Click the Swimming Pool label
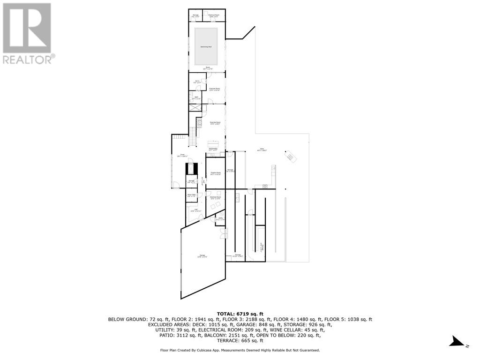tap(207, 47)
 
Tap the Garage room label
tap(202, 256)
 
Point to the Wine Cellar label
tap(191, 195)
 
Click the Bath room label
tap(196, 98)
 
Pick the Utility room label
tap(220, 219)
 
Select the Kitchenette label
tap(214, 150)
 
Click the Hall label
tap(194, 210)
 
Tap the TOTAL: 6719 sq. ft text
tap(240, 314)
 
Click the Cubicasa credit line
tap(240, 350)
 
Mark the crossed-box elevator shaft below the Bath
tap(195, 107)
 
